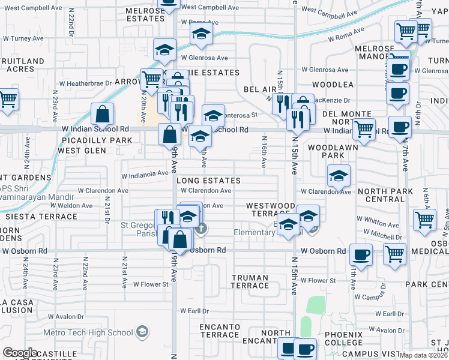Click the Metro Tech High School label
point(97,332)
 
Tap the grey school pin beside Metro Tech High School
point(142,331)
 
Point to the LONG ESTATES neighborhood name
point(208,181)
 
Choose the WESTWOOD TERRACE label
point(271,209)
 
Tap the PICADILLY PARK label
point(97,140)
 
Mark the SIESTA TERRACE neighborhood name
point(34,216)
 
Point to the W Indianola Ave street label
point(145,175)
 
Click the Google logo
point(20,353)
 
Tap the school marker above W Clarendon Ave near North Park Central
point(339,175)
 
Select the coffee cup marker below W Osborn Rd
point(361,254)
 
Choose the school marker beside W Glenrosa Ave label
point(164,51)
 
